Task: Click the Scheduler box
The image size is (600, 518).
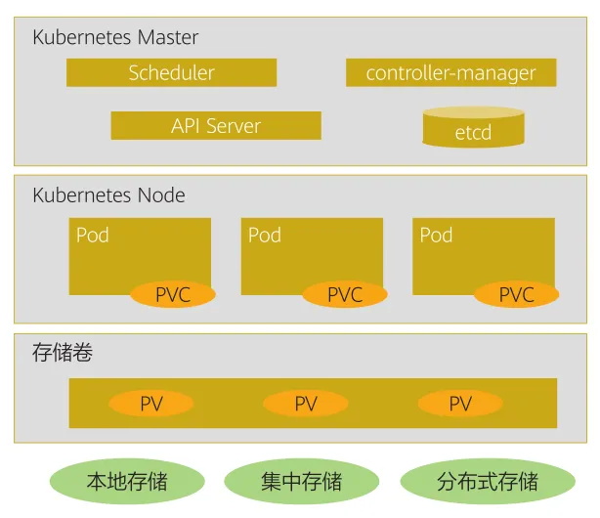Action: [171, 73]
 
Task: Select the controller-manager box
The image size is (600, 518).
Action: [450, 73]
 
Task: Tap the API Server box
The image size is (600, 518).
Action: [216, 125]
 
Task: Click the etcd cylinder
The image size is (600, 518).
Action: [473, 129]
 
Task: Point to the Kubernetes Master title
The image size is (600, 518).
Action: [115, 38]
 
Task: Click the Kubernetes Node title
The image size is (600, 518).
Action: [108, 195]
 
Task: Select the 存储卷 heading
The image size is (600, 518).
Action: [63, 353]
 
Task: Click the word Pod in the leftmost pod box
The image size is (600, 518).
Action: [93, 236]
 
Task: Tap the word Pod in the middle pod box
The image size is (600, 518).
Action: [265, 236]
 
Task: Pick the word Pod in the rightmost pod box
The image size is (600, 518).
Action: [437, 236]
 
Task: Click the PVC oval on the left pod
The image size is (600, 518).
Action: [173, 294]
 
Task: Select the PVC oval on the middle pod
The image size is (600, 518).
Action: [345, 294]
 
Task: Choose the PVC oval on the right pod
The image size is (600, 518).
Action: [517, 294]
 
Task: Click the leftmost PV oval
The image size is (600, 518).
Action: [151, 404]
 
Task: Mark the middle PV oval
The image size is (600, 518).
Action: [306, 404]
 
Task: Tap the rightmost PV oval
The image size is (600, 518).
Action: [460, 404]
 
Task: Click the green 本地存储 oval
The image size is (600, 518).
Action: [127, 481]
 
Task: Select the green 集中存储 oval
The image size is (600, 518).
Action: [302, 481]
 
